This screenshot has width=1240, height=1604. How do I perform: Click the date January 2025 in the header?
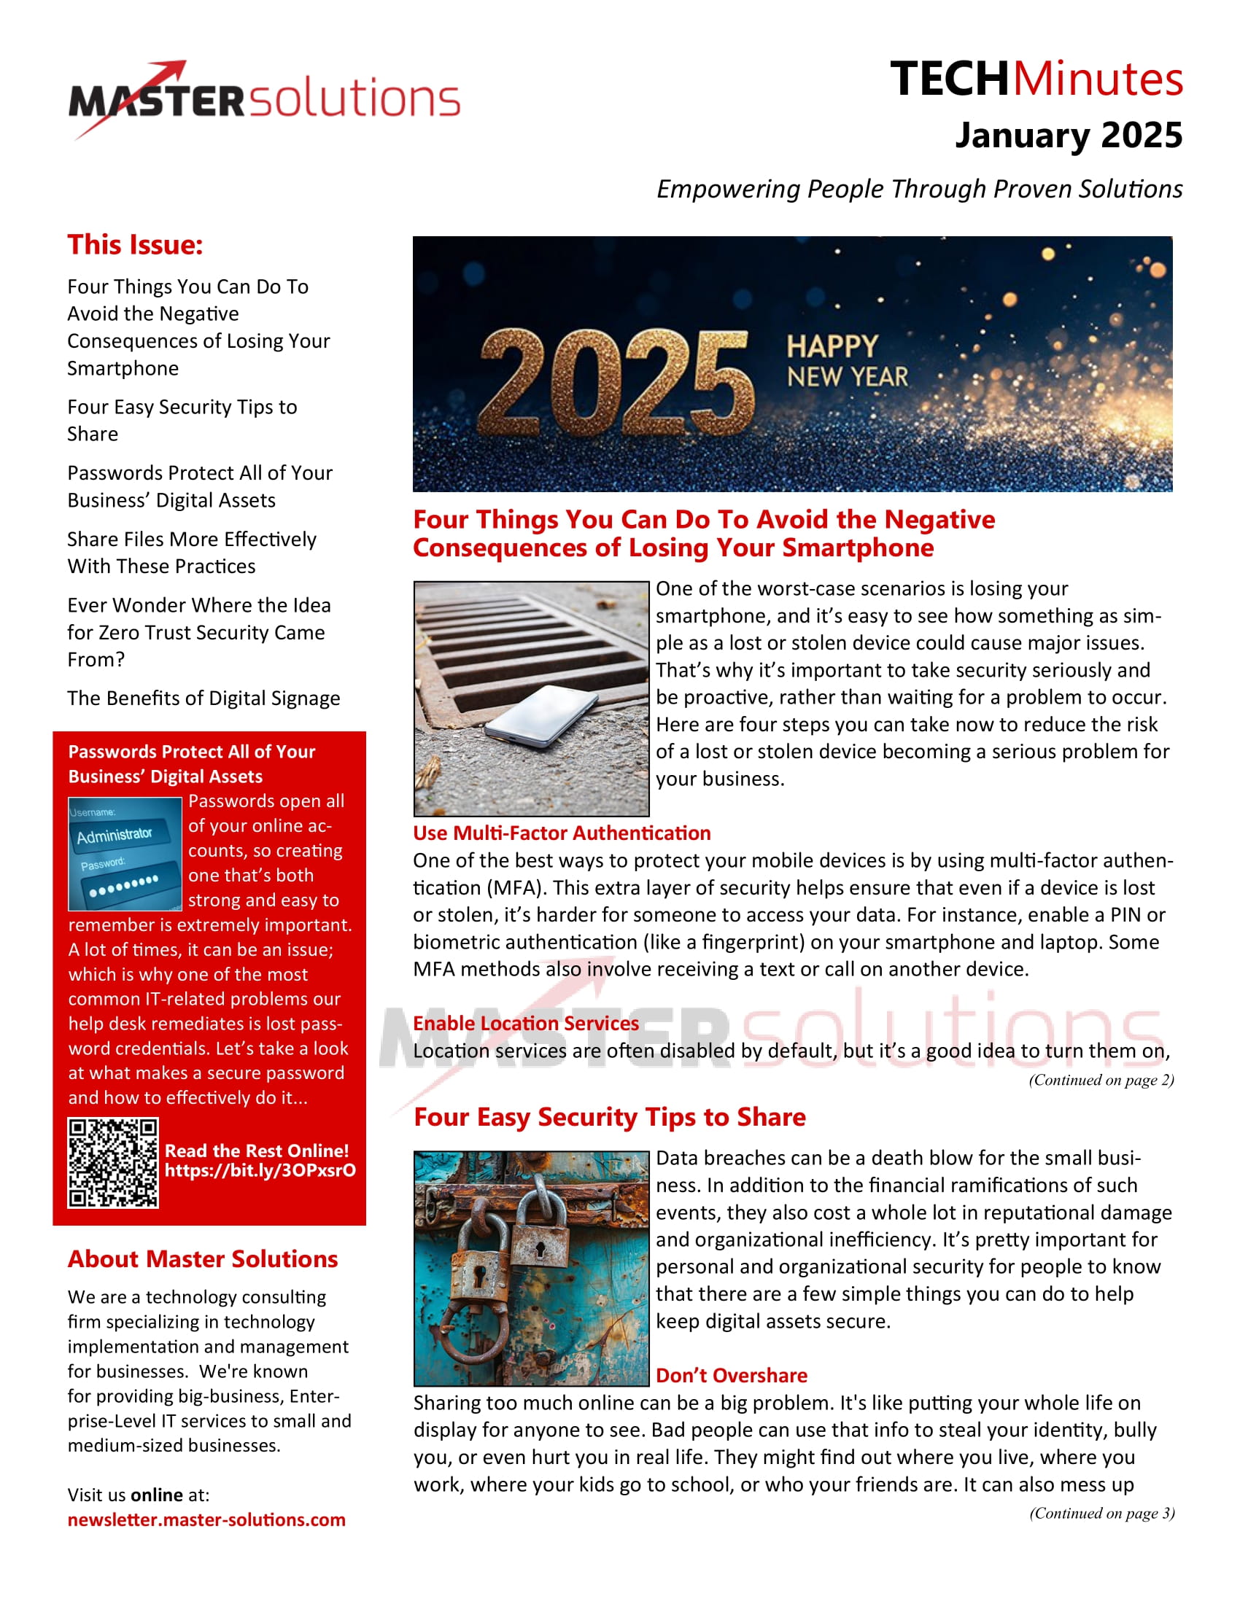1068,136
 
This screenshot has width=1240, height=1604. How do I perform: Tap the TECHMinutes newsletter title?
1036,79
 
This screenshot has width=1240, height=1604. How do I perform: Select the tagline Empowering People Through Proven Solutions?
919,189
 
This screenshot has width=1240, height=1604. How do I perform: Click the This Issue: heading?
135,244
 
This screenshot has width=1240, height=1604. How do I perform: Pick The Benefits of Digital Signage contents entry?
204,698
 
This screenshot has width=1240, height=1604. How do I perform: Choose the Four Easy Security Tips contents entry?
182,420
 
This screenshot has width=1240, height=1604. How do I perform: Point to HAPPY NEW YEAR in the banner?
847,362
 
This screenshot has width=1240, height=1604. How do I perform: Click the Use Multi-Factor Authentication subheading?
561,833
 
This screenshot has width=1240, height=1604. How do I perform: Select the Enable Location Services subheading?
525,1023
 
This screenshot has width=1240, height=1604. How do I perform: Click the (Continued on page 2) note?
1101,1080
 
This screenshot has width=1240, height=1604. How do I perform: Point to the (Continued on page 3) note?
1101,1513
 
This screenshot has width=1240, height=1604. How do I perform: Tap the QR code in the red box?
113,1163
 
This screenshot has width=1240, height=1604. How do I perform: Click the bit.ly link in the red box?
260,1170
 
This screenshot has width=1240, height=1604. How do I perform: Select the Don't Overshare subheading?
731,1376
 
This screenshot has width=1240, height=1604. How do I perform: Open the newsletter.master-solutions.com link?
206,1519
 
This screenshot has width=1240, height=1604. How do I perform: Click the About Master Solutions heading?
203,1259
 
